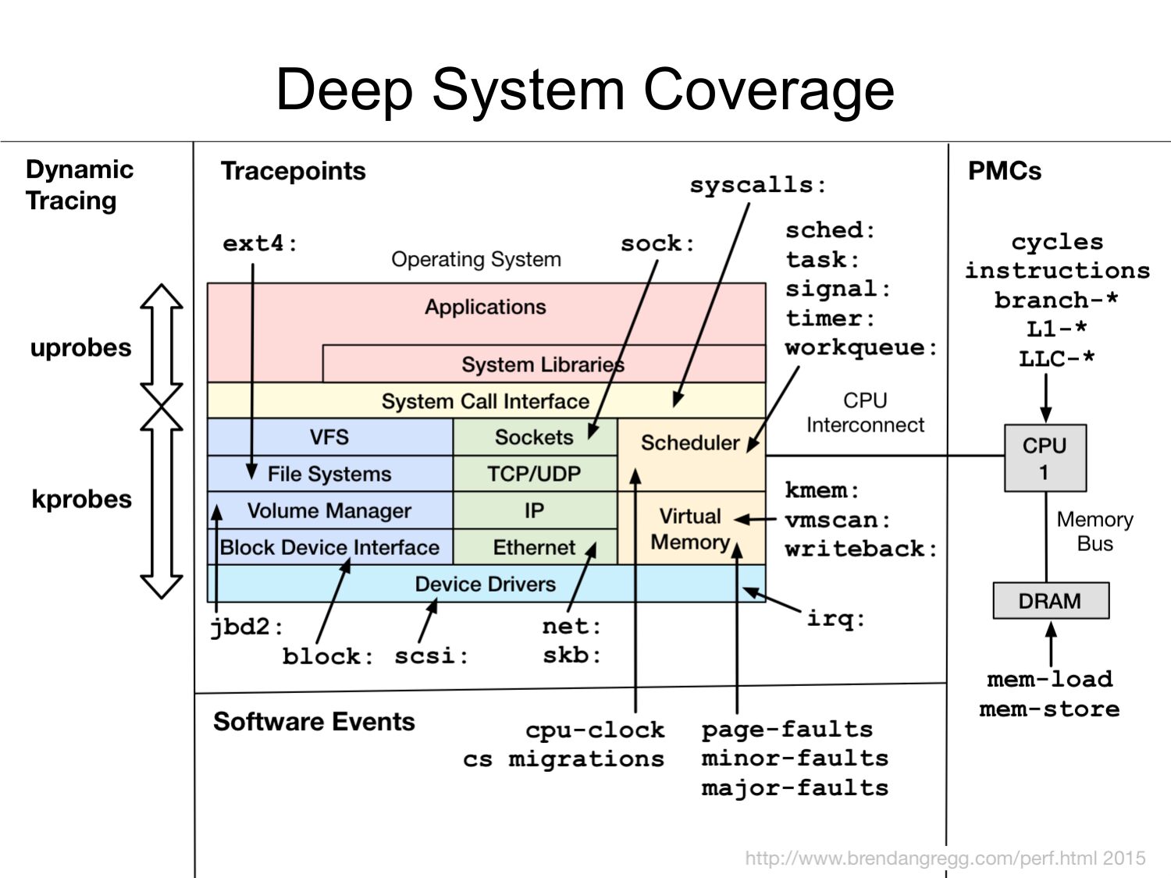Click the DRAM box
click(x=1050, y=601)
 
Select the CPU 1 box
click(x=1045, y=458)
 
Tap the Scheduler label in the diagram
click(x=689, y=443)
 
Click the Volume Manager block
click(x=329, y=510)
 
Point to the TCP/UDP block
click(x=534, y=474)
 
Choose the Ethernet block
click(x=534, y=547)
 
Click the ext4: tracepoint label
click(x=260, y=243)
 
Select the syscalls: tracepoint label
click(x=757, y=185)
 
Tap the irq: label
click(x=835, y=619)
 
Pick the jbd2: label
click(x=246, y=627)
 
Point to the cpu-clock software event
click(x=595, y=730)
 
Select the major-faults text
click(x=795, y=788)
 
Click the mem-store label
click(x=1049, y=709)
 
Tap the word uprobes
click(x=80, y=347)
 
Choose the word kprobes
click(x=81, y=499)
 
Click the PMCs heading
click(x=1004, y=171)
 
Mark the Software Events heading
click(x=314, y=722)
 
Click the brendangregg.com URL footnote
click(x=945, y=858)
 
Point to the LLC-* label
click(x=1056, y=359)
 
